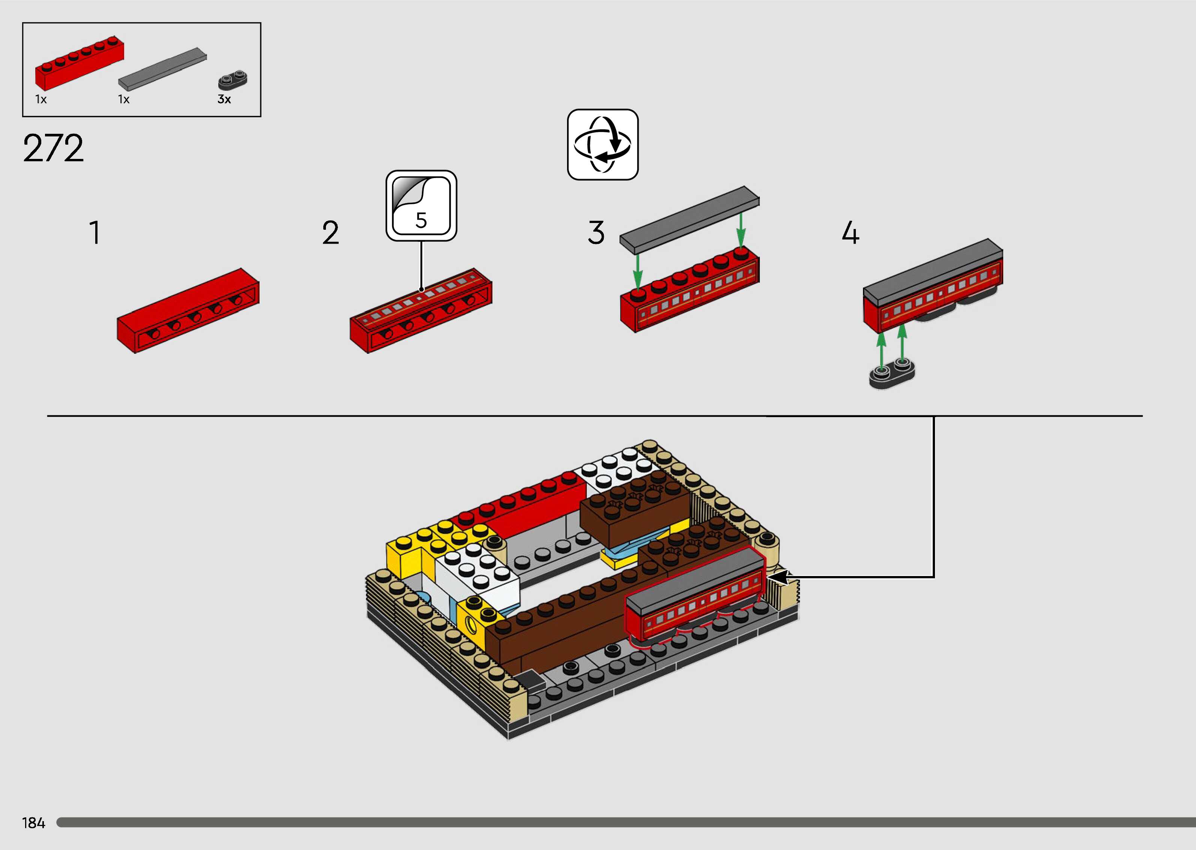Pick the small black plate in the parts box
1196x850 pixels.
tap(232, 81)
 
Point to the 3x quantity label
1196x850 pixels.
tap(224, 99)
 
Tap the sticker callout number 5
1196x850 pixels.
tap(421, 220)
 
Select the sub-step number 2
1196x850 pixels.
tap(330, 233)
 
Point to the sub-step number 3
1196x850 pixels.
tap(596, 233)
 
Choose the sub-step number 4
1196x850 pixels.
tap(850, 233)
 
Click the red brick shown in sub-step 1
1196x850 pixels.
tap(188, 311)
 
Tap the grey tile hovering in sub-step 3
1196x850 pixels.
tap(689, 217)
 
